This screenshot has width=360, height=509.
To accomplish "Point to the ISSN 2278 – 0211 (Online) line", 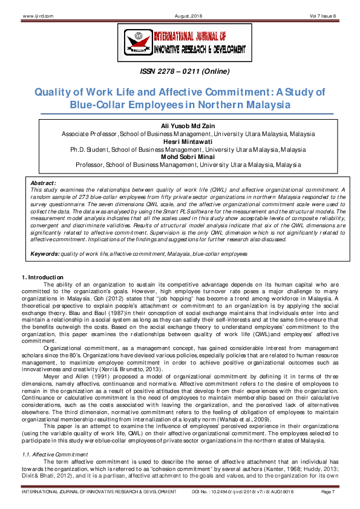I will click(x=180, y=73).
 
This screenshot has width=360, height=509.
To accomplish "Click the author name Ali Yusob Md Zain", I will click(x=180, y=126).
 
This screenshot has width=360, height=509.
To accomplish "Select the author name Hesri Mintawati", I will click(x=180, y=141).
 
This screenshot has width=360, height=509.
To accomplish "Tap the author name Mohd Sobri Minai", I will click(x=180, y=157).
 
